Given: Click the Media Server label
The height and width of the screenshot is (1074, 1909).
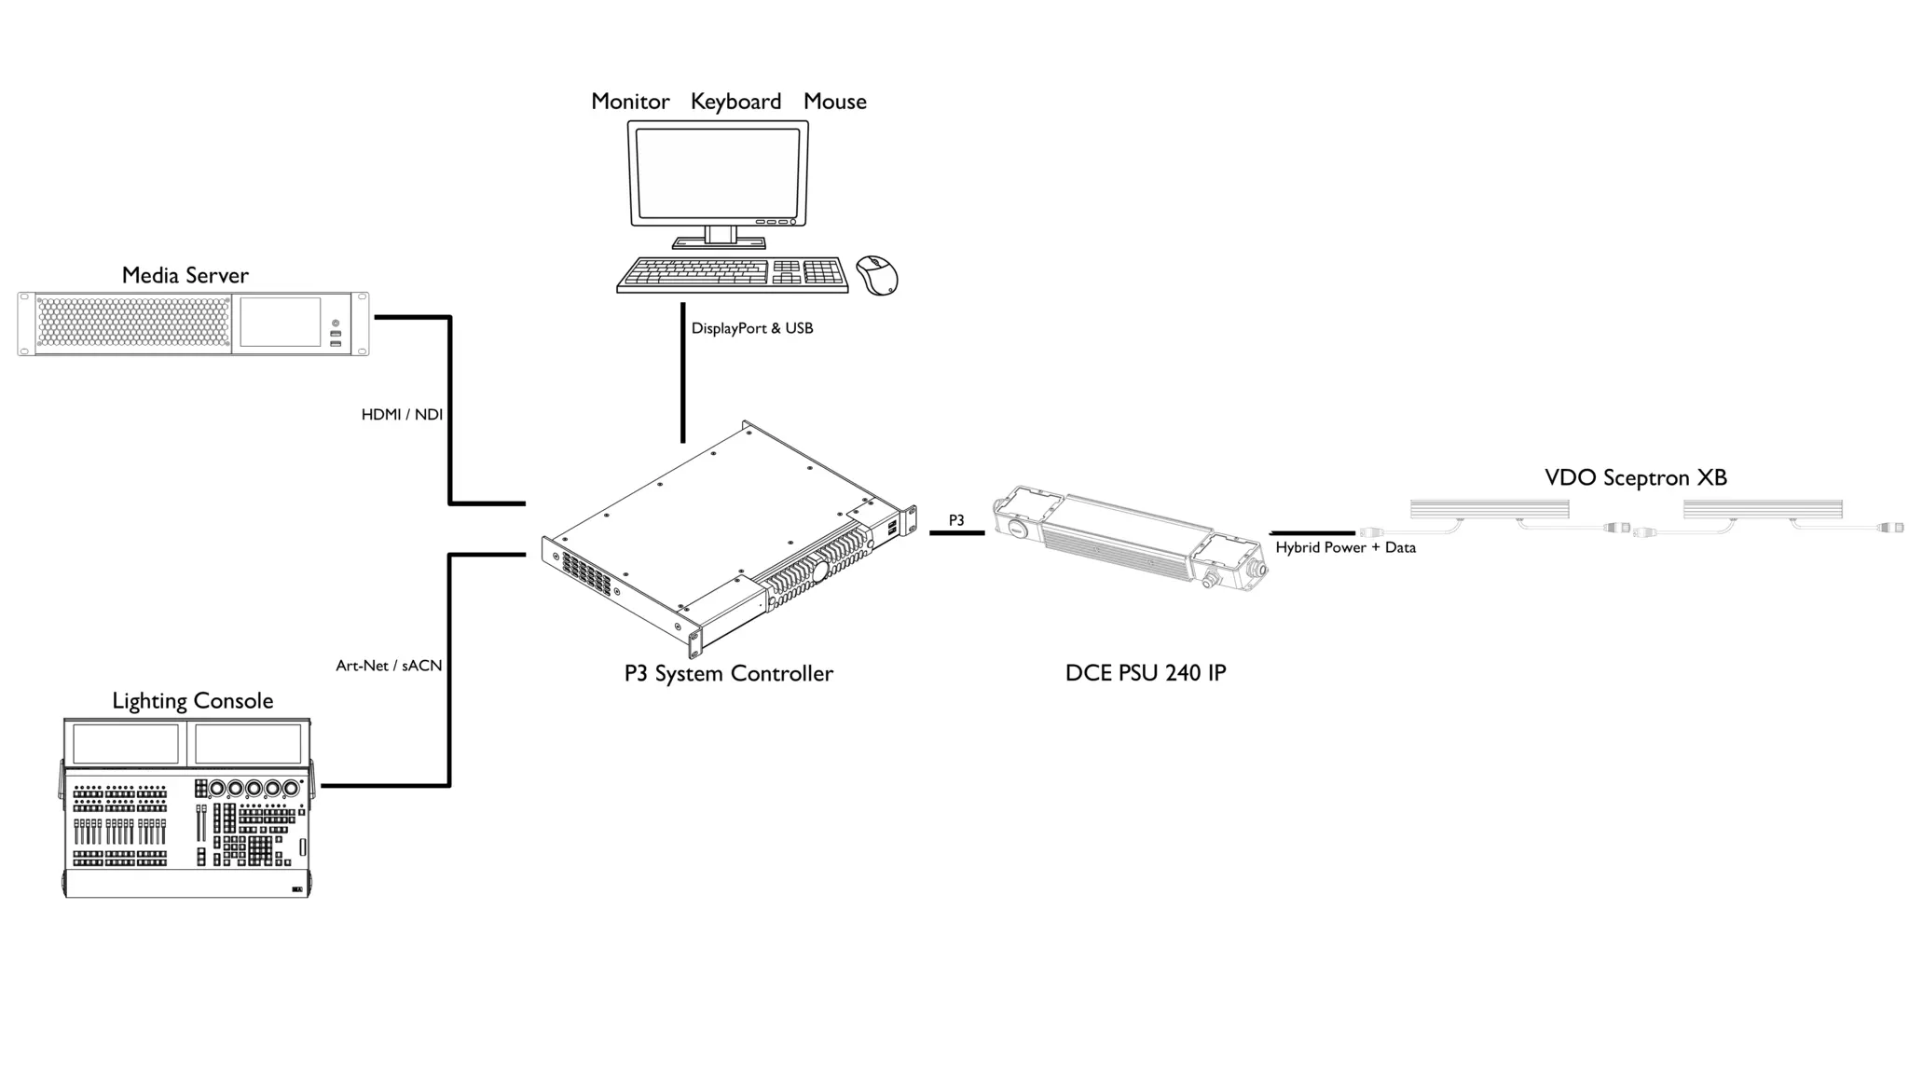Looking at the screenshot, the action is coord(185,275).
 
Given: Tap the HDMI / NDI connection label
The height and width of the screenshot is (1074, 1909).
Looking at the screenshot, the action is coord(402,414).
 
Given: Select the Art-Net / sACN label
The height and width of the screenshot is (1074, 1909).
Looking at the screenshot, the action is coord(389,666).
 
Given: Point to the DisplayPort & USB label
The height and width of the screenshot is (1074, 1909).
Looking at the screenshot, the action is coord(752,328).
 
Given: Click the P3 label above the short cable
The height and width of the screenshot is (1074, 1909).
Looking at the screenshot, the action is coord(956,520).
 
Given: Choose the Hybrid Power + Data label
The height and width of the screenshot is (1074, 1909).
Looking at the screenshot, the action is coord(1345,547).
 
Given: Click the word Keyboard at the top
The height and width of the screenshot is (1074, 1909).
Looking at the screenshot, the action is coord(735,102).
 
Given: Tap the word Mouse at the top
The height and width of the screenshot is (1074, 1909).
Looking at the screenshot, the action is coord(835,102).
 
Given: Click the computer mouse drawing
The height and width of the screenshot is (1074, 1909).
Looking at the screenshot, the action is coord(876,275).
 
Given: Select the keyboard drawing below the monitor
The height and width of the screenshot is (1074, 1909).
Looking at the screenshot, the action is coord(733,274).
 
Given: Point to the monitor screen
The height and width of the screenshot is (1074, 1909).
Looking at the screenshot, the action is coord(718,173).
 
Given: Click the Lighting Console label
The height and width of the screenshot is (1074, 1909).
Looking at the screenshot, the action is coord(193,701).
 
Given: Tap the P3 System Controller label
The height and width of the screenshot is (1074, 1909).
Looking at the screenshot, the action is coord(729,673).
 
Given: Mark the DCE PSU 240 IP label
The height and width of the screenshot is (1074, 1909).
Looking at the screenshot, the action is coord(1146,672).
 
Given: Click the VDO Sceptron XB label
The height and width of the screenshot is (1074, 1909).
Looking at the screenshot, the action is coord(1636,477).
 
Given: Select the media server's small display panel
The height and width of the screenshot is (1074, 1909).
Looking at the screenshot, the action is coord(281,323).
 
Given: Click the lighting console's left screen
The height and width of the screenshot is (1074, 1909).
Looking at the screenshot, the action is coord(126,744).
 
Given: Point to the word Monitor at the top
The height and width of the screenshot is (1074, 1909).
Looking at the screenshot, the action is coord(630,102).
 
